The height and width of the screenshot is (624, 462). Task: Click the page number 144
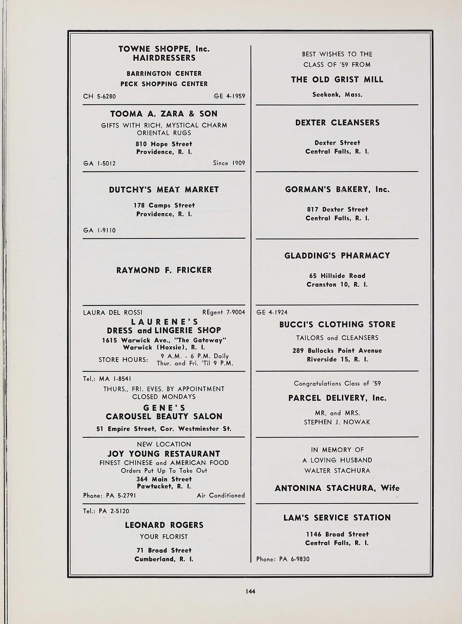click(250, 591)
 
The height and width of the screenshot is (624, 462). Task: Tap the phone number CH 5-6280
click(99, 96)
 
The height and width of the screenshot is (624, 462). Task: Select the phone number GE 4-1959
click(229, 96)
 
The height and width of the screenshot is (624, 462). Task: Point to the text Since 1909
click(229, 163)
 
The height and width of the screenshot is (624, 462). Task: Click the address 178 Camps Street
click(164, 205)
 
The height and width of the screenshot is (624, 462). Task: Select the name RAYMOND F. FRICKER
click(164, 270)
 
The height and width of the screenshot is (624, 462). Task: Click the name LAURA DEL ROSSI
click(113, 312)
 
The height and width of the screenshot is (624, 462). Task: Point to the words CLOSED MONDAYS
click(164, 397)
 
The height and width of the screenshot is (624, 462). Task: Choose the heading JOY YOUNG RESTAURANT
click(164, 454)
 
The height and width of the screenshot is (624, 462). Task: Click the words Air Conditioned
click(221, 495)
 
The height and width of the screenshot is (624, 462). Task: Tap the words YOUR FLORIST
click(164, 536)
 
